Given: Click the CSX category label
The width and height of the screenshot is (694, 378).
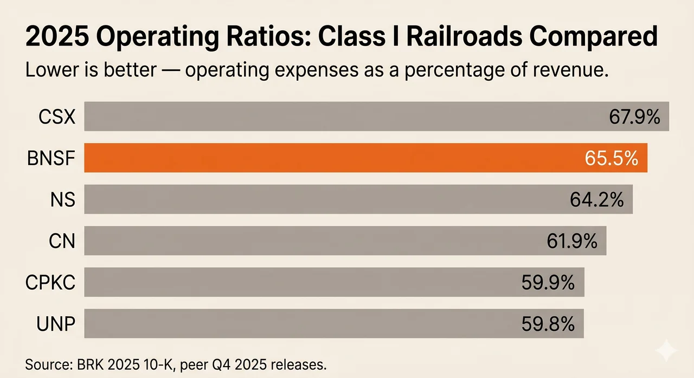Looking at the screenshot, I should (x=57, y=116).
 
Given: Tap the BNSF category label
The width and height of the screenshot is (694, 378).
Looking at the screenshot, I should (x=50, y=158).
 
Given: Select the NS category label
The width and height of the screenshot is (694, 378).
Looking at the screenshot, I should (x=61, y=200).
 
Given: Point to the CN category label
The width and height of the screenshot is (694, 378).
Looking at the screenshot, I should (x=61, y=241).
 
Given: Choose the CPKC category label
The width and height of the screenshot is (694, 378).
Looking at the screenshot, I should (x=50, y=283).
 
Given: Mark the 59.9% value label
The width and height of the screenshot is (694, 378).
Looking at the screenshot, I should (x=548, y=283).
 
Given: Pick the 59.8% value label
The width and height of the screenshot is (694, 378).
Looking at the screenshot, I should (x=548, y=324).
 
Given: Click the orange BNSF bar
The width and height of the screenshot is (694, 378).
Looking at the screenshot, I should (x=325, y=158).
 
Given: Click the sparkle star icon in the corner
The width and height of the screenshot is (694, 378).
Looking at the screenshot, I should (x=666, y=351).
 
